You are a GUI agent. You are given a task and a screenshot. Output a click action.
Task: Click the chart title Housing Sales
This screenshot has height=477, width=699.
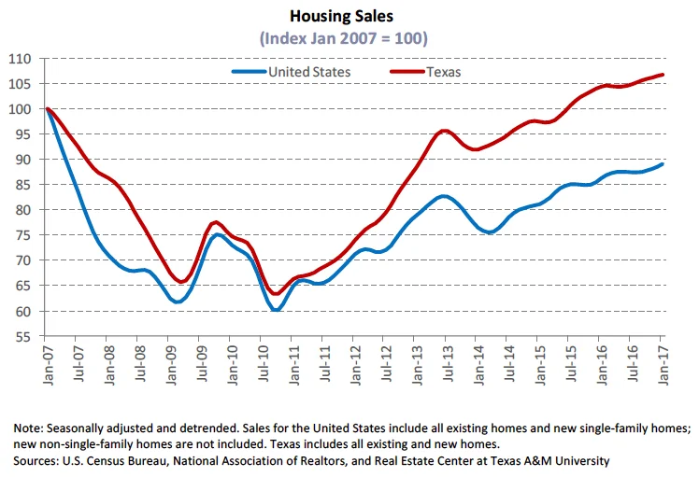tap(352, 17)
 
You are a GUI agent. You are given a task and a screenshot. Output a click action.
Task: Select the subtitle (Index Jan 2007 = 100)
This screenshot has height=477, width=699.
tap(352, 39)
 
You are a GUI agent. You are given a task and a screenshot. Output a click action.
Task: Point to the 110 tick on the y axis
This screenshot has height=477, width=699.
tap(21, 59)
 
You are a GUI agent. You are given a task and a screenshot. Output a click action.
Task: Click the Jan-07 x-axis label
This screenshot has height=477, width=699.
tap(46, 362)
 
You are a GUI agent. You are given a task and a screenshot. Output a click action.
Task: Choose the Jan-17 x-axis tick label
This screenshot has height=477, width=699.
tap(662, 362)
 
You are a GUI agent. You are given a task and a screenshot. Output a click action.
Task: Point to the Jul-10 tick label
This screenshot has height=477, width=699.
tap(262, 362)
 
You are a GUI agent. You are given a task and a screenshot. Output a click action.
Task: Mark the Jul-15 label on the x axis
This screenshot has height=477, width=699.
tap(569, 362)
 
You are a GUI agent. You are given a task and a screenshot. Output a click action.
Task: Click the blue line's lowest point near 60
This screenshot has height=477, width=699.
tap(277, 310)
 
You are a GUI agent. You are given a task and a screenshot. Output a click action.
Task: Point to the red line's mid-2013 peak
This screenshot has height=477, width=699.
tap(445, 131)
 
